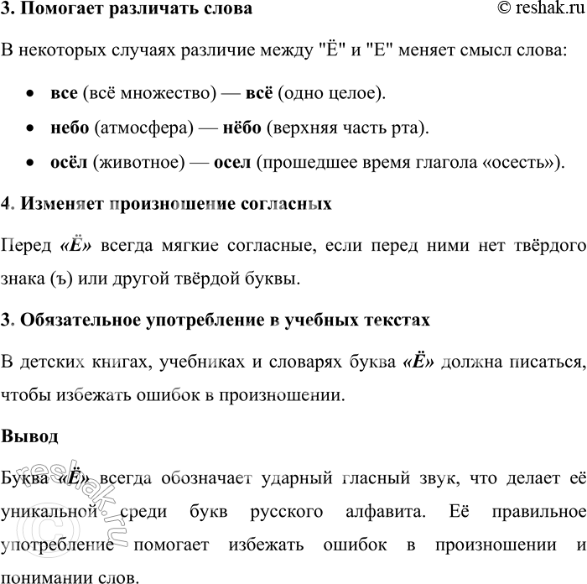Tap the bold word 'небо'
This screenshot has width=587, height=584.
(x=70, y=128)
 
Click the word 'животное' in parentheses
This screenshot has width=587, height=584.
(x=142, y=163)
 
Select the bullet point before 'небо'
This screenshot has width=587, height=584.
(x=30, y=128)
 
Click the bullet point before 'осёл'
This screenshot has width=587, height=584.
(x=30, y=164)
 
